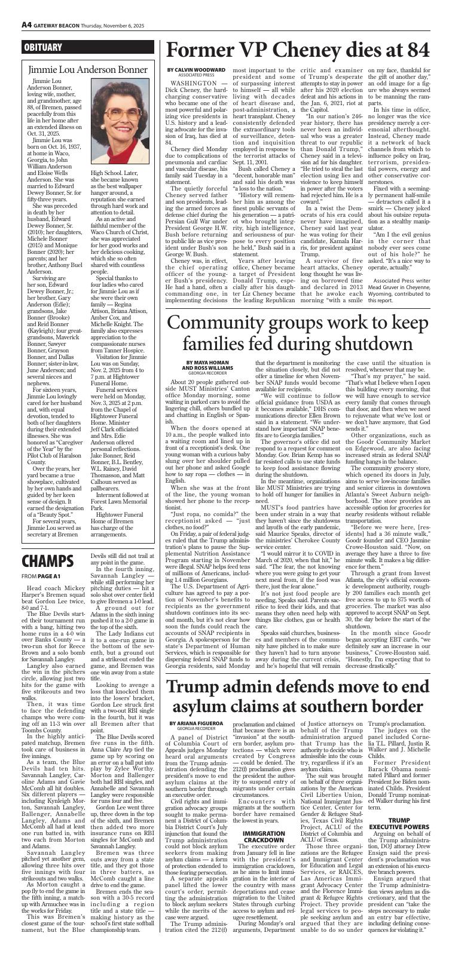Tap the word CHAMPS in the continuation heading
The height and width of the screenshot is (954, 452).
point(48,561)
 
